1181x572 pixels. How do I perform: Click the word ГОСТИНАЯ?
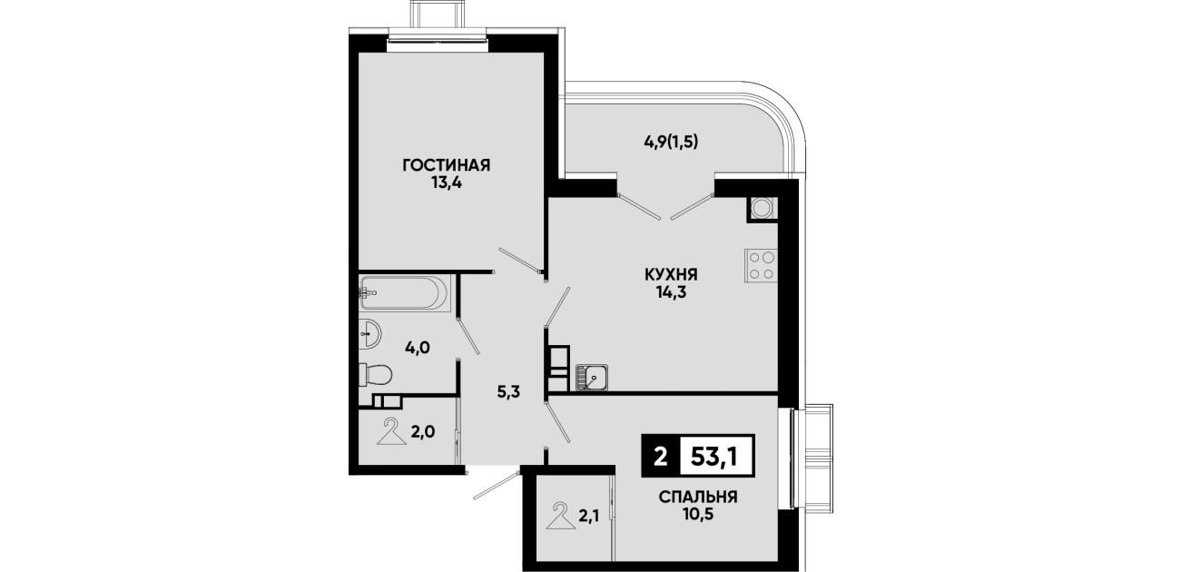(447, 165)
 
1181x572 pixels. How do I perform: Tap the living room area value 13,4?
(447, 183)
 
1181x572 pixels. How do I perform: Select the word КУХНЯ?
(671, 275)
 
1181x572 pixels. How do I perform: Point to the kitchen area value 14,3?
(671, 292)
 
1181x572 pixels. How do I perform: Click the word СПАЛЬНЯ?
(697, 497)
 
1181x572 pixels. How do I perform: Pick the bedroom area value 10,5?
(697, 515)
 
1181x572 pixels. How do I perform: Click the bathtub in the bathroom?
(404, 293)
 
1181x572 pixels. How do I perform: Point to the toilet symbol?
(376, 375)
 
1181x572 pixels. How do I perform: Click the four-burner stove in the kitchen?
(761, 266)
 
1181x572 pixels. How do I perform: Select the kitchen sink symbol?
(592, 378)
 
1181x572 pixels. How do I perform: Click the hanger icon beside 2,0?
(392, 432)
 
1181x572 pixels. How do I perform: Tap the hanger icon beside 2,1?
(560, 516)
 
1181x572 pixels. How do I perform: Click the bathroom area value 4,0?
(418, 348)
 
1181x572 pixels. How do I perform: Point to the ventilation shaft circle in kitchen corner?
(761, 207)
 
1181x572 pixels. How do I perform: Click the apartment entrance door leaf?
(496, 486)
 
